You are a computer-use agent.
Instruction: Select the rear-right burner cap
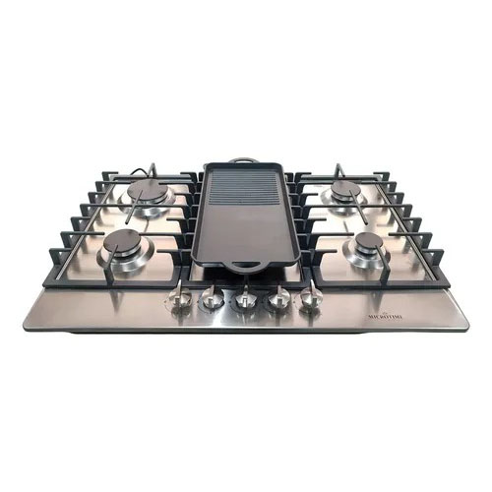coord(344,187)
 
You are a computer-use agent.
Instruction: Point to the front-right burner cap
coord(368,240)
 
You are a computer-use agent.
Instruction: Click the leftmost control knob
coord(179,300)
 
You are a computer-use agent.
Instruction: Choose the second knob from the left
coord(211,298)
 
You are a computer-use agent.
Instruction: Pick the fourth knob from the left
coord(279,298)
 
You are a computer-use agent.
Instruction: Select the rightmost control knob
coord(311,300)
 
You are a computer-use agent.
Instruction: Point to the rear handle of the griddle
coord(246,160)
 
